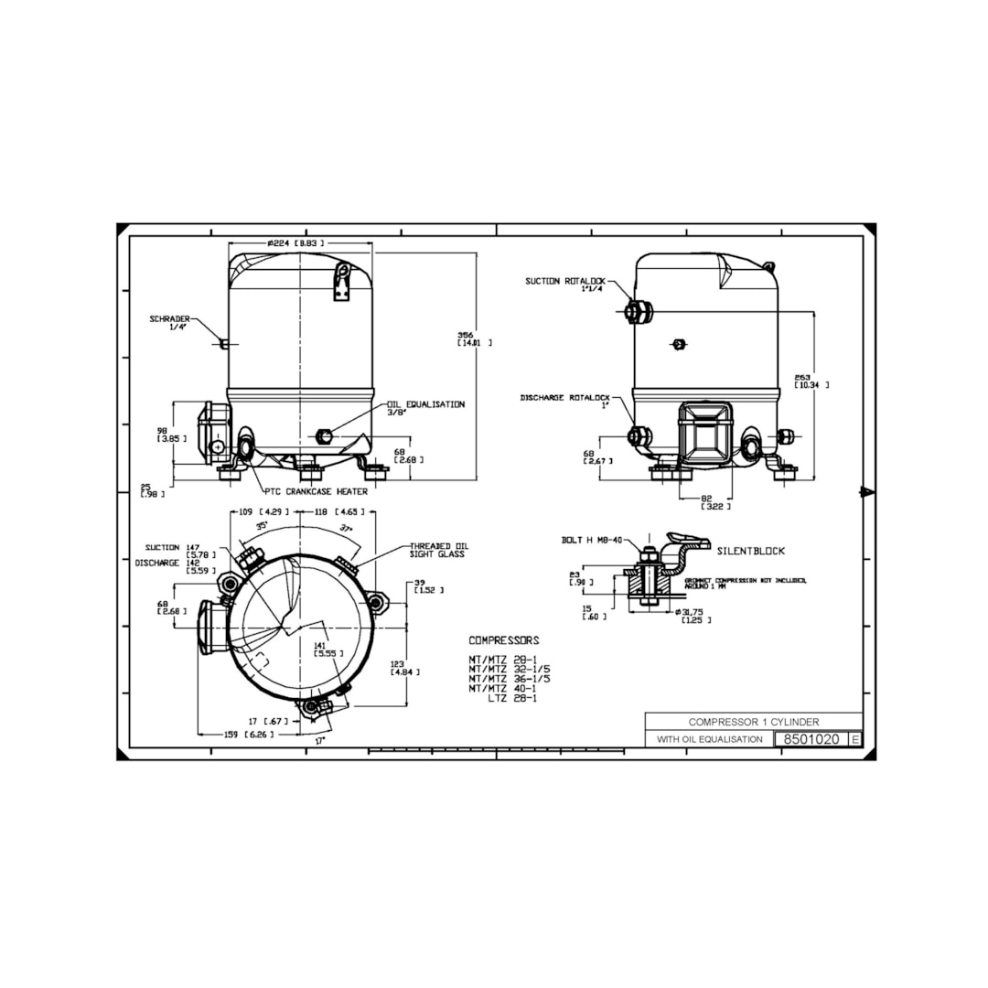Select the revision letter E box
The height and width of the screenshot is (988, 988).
pos(854,739)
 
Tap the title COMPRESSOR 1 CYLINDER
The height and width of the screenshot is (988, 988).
pos(753,722)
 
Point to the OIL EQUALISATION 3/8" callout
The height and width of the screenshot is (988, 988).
pos(425,408)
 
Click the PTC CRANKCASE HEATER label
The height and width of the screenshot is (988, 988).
pos(316,491)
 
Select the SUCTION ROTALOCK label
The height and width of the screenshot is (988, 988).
pos(561,285)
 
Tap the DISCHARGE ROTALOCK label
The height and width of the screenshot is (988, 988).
pos(564,402)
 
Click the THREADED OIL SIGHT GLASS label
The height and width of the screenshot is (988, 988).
pos(437,549)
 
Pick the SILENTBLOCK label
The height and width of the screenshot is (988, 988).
pos(750,551)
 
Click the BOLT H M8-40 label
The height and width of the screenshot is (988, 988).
pos(592,540)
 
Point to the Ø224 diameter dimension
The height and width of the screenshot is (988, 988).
pos(295,243)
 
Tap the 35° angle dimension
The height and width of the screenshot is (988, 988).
pos(263,526)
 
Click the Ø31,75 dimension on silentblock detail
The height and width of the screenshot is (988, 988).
pos(693,615)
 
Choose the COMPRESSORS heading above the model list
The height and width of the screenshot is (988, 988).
pos(504,640)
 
